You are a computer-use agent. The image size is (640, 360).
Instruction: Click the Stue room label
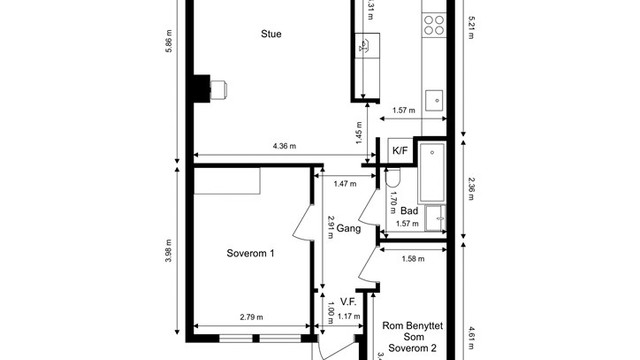270,34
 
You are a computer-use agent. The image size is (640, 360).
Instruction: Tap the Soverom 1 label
251,253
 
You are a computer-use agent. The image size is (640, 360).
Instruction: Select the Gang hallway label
349,229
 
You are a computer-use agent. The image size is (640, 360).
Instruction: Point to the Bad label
409,211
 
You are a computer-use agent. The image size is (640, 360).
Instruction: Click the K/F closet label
399,151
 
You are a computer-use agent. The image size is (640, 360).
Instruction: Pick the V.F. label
349,301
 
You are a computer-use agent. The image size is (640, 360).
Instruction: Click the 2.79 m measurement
251,318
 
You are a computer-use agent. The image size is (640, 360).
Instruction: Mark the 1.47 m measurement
346,184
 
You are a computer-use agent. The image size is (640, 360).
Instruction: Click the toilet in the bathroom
392,177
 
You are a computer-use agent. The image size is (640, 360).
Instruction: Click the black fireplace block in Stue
203,89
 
